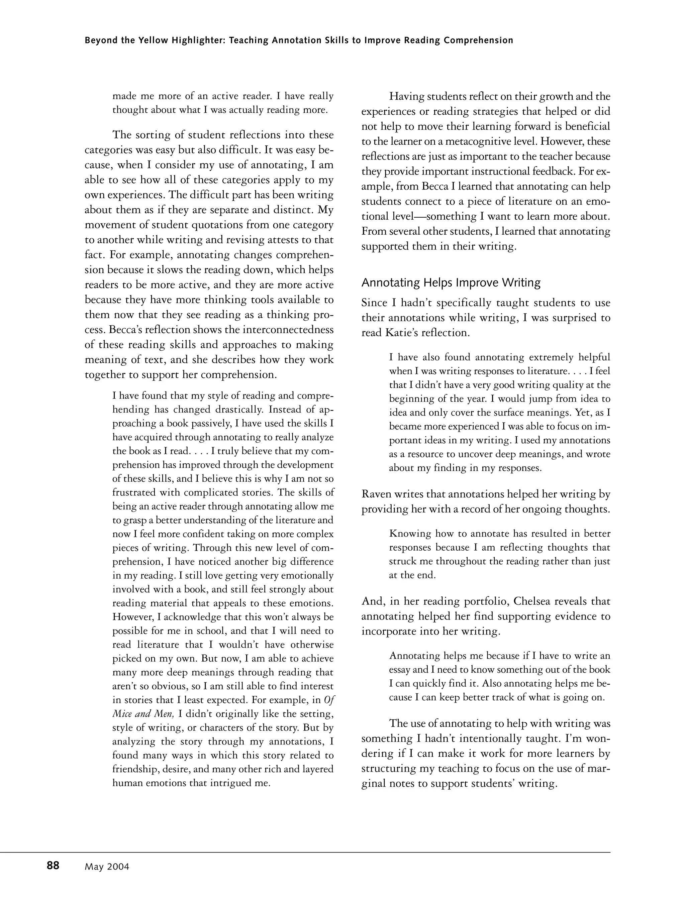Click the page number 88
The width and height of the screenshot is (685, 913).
pyautogui.click(x=53, y=866)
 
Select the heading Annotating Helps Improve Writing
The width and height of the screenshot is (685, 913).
pyautogui.click(x=451, y=283)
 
